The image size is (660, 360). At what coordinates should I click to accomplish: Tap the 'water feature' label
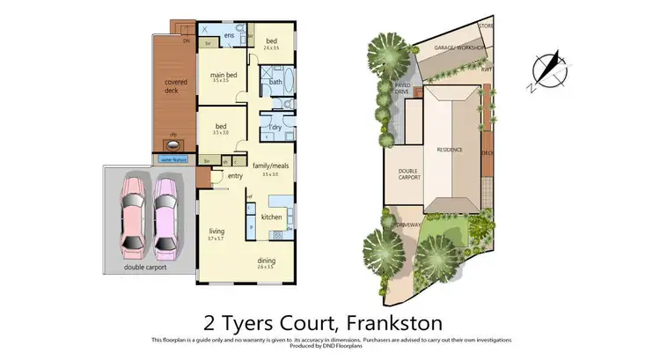click(174, 159)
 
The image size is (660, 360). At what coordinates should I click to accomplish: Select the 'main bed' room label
click(224, 76)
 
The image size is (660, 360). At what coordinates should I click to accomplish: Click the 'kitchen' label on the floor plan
click(271, 217)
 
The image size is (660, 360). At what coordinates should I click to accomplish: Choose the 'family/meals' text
click(270, 165)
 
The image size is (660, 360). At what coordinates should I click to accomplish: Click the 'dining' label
click(267, 261)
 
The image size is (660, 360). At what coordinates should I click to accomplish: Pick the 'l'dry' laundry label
click(275, 128)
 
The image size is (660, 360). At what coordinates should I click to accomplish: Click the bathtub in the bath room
click(275, 82)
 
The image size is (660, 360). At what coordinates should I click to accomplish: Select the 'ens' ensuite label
click(228, 35)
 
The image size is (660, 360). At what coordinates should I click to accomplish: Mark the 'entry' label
click(235, 176)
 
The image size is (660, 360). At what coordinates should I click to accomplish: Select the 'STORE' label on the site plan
click(486, 27)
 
